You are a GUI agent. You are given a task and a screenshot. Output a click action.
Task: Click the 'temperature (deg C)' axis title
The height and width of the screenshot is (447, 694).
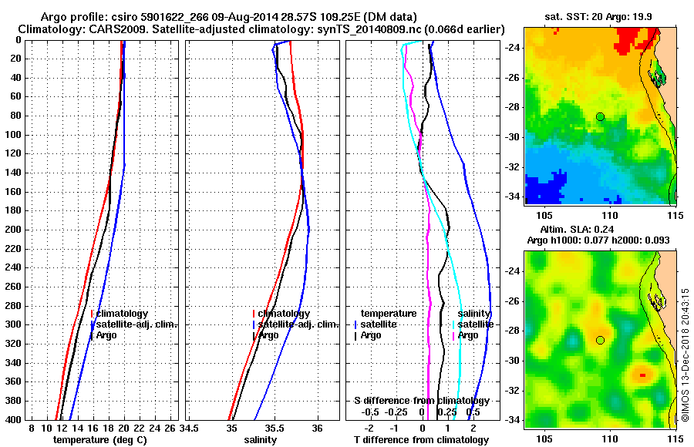99,439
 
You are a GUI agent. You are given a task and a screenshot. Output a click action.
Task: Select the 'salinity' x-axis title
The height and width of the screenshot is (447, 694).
261,439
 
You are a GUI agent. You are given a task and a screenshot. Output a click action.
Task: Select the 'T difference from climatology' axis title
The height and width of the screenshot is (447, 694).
420,439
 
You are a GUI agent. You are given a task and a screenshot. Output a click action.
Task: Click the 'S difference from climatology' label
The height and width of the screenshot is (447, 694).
421,402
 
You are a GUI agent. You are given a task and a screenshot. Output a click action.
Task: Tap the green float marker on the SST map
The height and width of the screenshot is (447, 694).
600,116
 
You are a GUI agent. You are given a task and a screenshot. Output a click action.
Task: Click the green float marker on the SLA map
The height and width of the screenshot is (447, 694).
600,340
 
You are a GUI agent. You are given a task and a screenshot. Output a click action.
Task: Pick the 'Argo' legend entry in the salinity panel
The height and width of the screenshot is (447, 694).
268,335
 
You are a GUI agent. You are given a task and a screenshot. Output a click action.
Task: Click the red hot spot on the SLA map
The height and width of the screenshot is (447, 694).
642,375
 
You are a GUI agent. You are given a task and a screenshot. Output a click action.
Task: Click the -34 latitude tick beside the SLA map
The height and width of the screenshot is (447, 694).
510,420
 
